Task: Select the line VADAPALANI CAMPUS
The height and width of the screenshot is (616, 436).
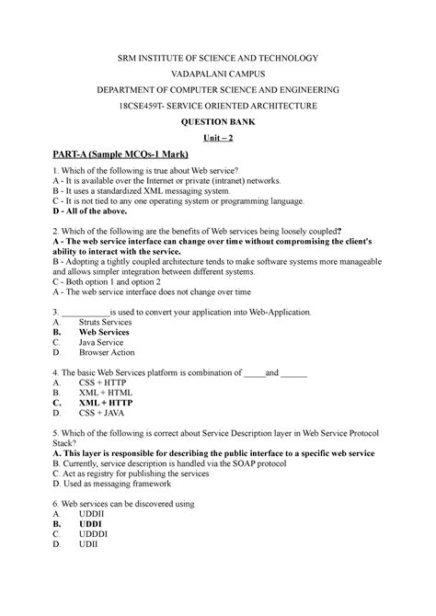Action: click(217, 74)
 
